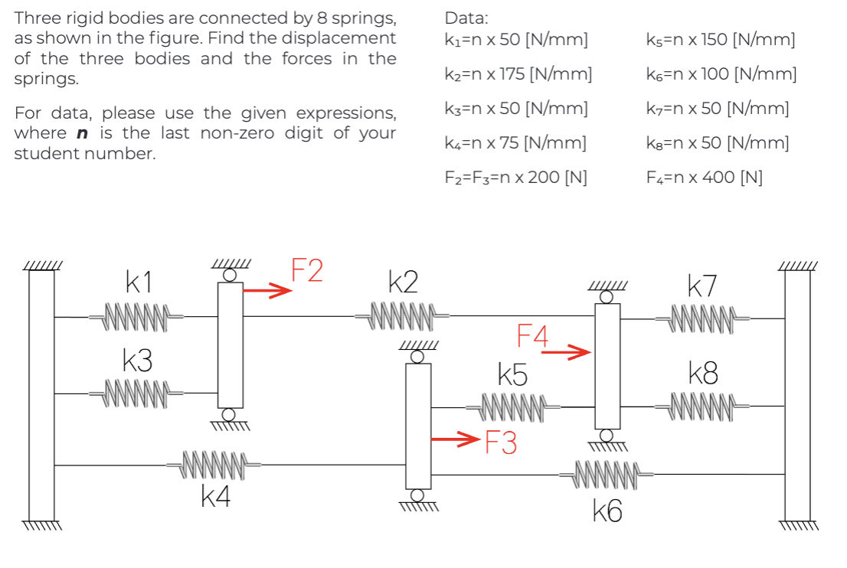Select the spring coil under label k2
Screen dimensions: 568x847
coord(403,315)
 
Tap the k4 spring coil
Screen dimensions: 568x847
coord(215,464)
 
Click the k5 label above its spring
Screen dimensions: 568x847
coord(512,375)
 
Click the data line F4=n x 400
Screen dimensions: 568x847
coord(705,178)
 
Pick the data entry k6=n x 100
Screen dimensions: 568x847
coord(721,74)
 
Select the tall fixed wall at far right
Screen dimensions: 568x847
coord(797,394)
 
